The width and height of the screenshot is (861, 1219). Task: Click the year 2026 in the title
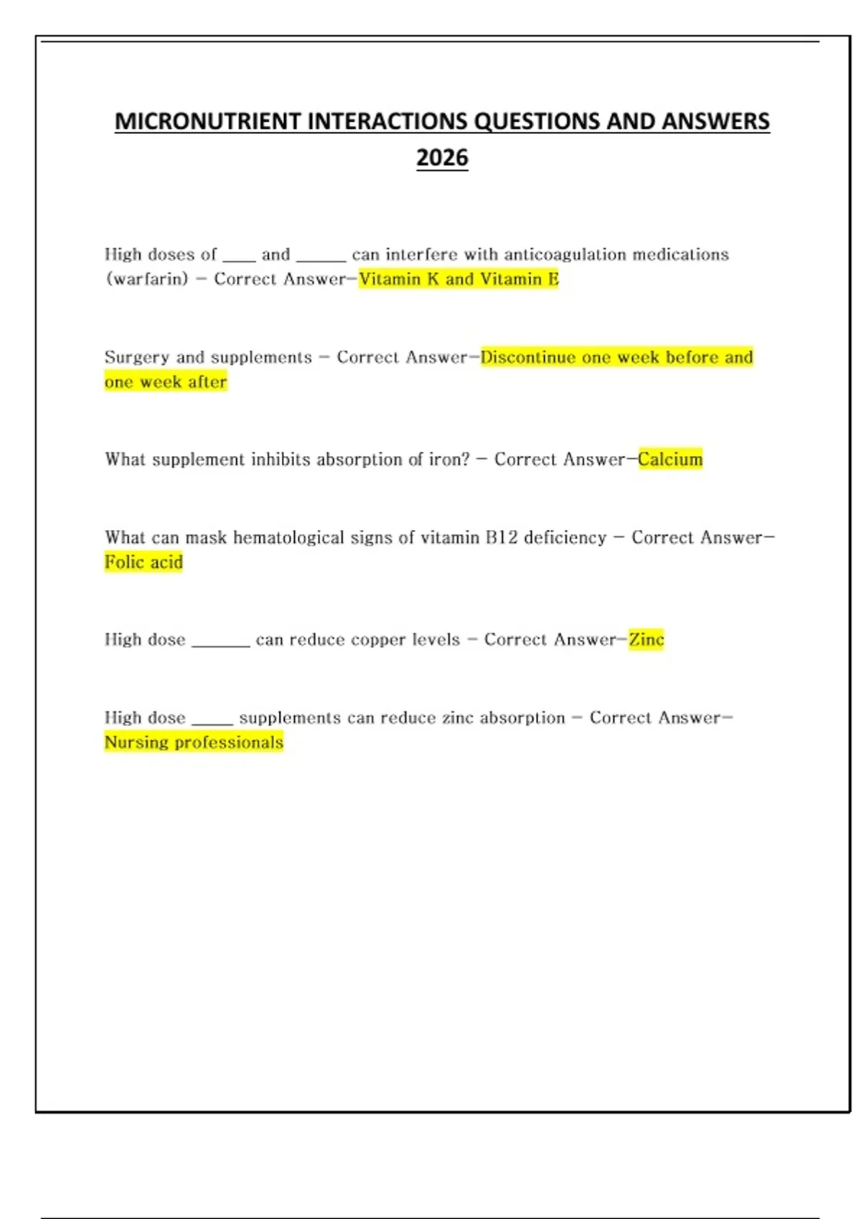tap(442, 158)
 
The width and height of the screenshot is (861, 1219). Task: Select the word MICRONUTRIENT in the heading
tap(208, 121)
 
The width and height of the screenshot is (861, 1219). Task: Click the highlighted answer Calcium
tap(670, 459)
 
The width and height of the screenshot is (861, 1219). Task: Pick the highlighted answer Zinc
tap(646, 639)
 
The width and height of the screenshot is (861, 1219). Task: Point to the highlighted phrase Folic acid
tap(143, 562)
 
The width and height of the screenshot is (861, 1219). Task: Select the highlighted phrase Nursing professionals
tap(194, 742)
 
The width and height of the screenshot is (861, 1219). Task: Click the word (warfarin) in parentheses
tap(146, 279)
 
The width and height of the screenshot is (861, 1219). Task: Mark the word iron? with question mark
tap(449, 460)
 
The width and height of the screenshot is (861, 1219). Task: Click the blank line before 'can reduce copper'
tap(221, 642)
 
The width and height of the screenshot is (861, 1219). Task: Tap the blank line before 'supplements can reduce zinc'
tap(212, 721)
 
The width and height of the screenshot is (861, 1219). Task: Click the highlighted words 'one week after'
tap(166, 382)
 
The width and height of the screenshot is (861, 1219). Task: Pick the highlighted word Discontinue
tap(528, 357)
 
